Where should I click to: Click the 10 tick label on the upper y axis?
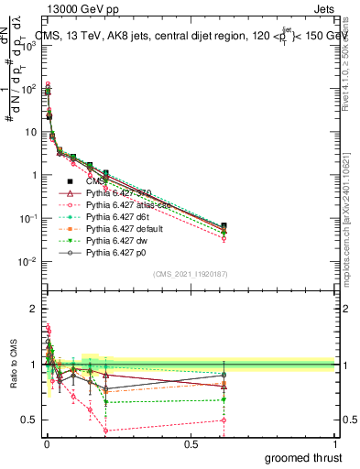coord(29,133)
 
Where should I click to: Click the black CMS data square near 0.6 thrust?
coord(224,225)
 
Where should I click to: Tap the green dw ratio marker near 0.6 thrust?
coord(224,399)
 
